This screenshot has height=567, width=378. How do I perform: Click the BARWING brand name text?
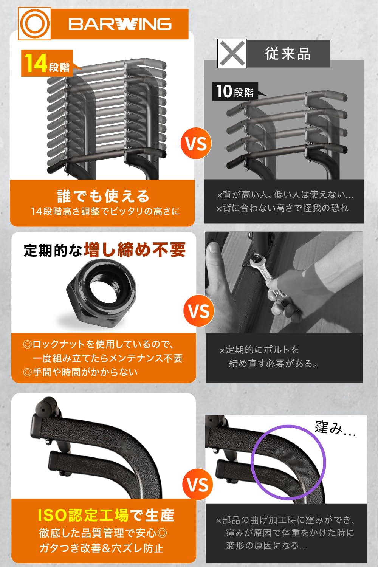120,25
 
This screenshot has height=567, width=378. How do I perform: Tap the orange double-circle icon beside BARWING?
34,24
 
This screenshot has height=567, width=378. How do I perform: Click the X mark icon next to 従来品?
232,53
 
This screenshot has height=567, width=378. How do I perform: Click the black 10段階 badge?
235,91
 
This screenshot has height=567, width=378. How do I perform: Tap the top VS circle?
196,144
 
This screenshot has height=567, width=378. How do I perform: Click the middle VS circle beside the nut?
199,311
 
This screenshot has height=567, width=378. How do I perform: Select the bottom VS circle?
197,485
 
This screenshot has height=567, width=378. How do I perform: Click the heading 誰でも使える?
103,196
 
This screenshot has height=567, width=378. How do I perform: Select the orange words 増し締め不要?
135,250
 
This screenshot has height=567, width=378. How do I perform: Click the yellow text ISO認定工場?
83,515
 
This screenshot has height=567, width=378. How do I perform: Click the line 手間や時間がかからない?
81,372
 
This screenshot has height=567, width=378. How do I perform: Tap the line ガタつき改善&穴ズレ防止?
101,548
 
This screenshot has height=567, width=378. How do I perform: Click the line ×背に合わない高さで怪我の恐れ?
282,208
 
